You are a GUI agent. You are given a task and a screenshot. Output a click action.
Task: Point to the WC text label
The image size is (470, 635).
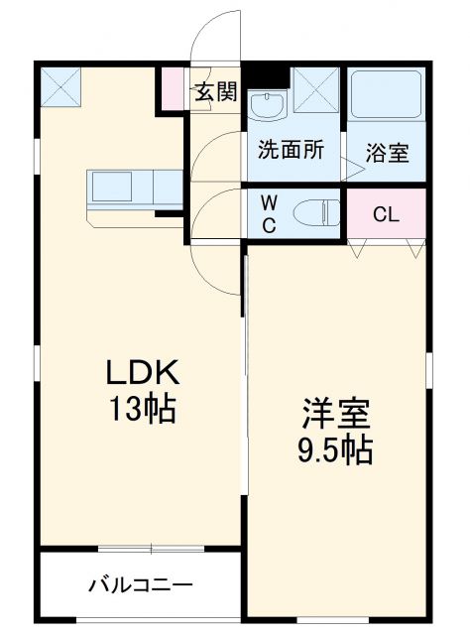(269, 212)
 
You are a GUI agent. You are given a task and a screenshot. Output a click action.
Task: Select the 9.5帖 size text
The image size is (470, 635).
(337, 452)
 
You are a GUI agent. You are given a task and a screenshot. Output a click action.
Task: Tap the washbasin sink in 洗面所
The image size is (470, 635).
(265, 104)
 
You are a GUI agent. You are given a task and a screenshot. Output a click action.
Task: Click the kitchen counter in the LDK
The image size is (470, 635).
(135, 188)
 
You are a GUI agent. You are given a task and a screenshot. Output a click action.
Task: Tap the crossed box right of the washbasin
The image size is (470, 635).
(316, 90)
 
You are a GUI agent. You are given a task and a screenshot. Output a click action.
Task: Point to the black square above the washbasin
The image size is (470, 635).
(264, 74)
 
